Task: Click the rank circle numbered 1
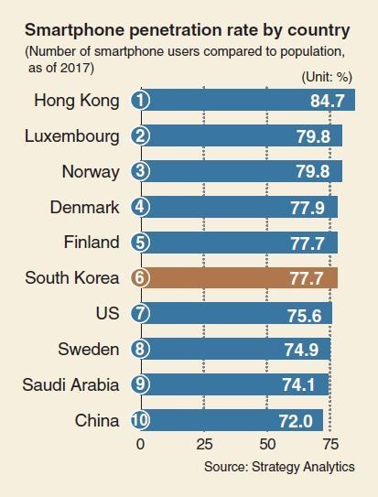tap(140, 100)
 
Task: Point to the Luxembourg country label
tap(73, 135)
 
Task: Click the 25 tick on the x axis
tap(204, 444)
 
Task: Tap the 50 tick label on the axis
tap(268, 444)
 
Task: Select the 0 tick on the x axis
tap(140, 444)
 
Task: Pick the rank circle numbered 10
tap(140, 420)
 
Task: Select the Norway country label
tap(90, 171)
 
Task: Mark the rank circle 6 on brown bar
tap(140, 277)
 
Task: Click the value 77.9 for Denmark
tap(311, 207)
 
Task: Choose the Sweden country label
tap(90, 349)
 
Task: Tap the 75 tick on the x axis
tap(331, 444)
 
